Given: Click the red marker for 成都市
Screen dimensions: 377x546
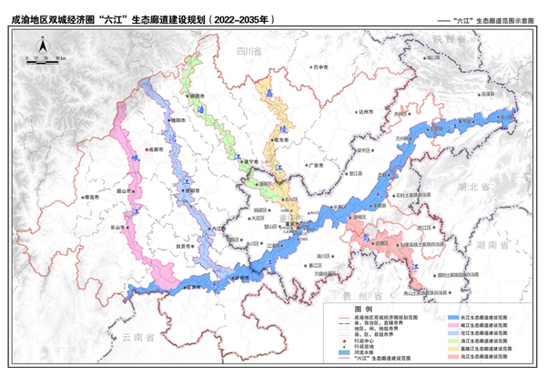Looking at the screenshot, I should click(x=148, y=151).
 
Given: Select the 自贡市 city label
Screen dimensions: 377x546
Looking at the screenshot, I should click(x=184, y=245).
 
